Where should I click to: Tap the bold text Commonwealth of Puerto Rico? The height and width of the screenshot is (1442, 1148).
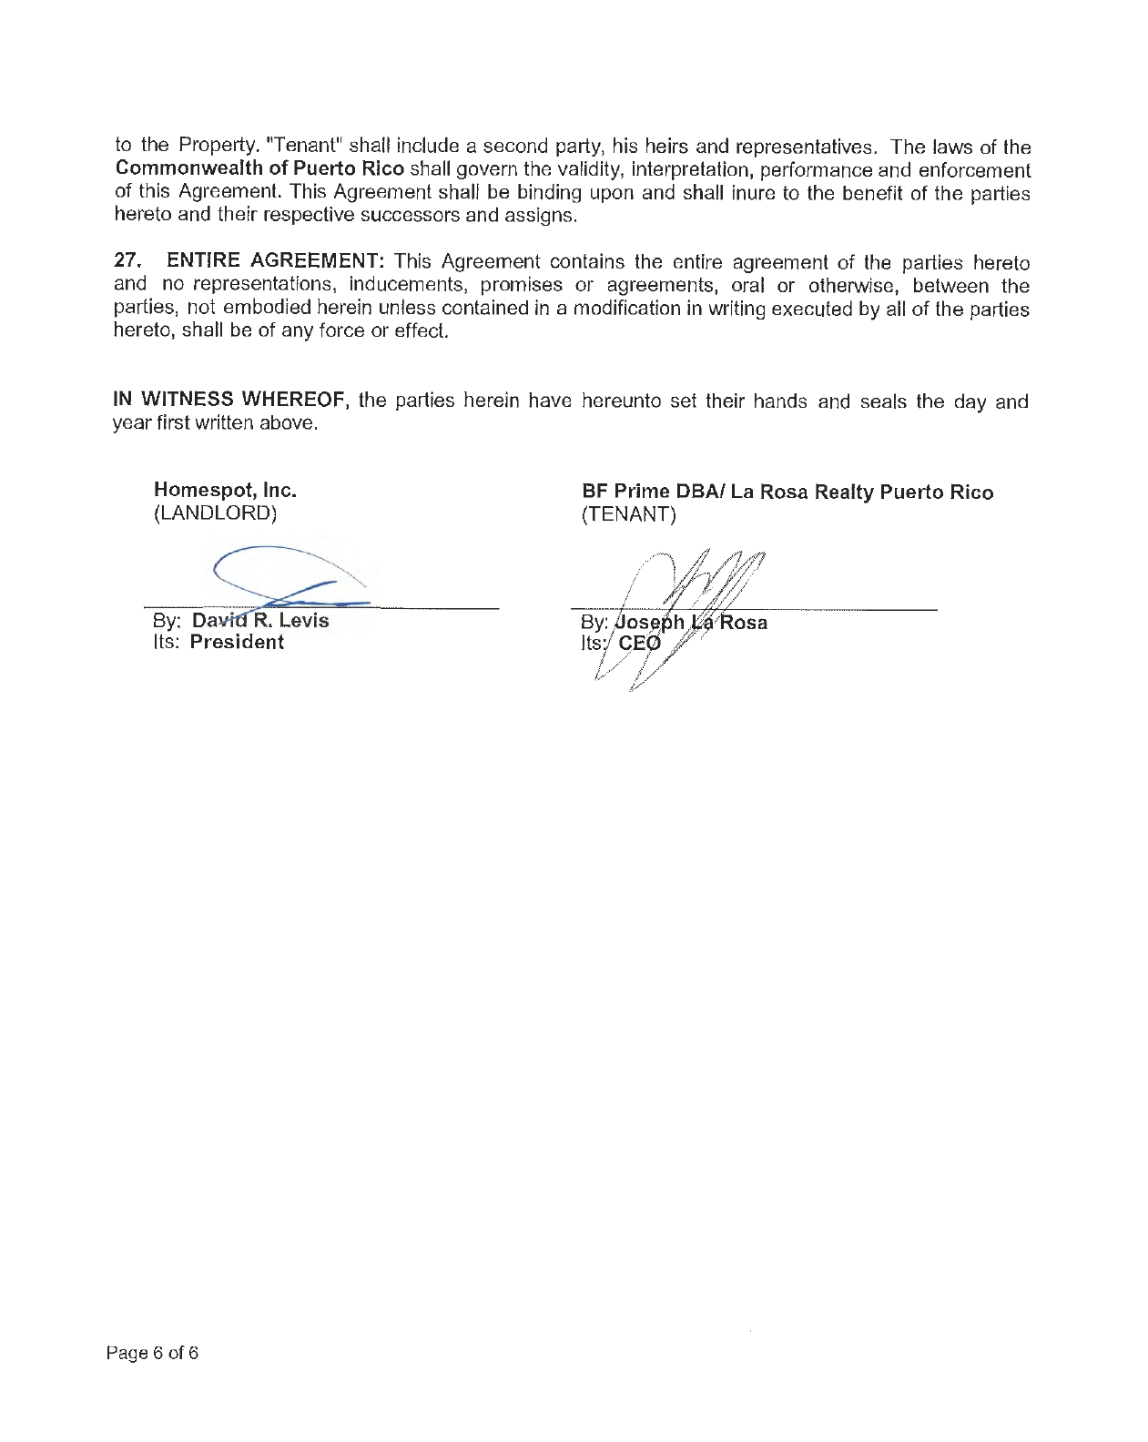[x=259, y=170]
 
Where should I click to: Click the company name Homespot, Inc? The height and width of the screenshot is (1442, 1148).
[x=225, y=491]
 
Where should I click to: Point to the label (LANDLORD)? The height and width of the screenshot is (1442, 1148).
[x=215, y=513]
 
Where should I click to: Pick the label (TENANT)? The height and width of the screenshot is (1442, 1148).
[x=629, y=515]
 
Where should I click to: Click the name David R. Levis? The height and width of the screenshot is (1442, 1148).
[x=260, y=621]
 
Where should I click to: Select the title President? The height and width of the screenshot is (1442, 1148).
[x=237, y=643]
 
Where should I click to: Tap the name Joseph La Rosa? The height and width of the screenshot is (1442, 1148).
[x=691, y=623]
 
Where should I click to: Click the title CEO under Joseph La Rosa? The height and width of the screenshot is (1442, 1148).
[x=639, y=645]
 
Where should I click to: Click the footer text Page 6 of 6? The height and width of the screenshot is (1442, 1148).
[x=152, y=1353]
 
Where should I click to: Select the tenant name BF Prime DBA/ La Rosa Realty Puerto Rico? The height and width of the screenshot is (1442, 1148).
[x=787, y=493]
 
